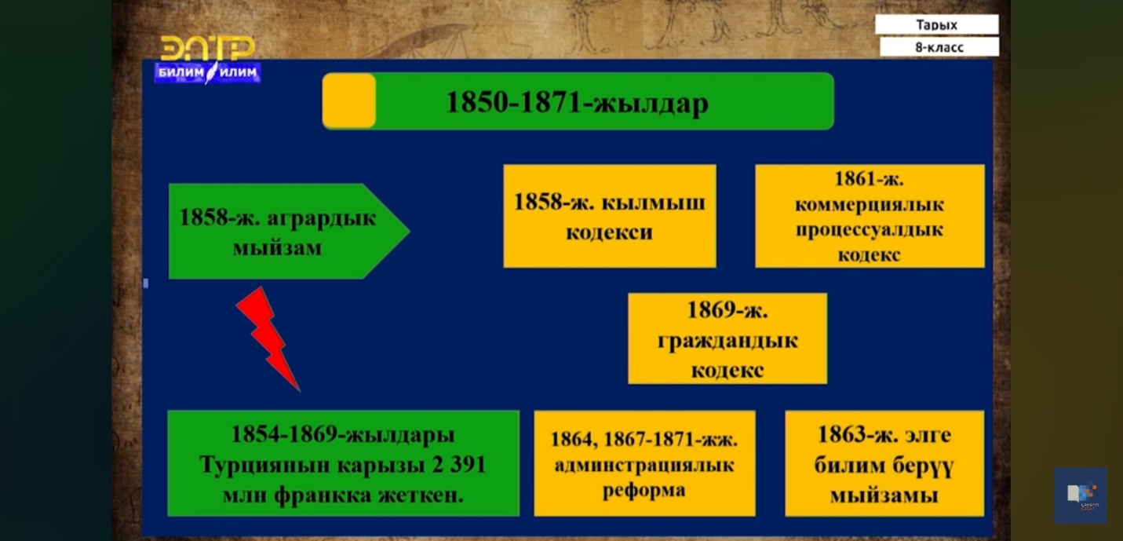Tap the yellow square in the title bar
pyautogui.click(x=349, y=101)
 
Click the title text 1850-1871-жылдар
pyautogui.click(x=577, y=103)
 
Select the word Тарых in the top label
pyautogui.click(x=936, y=24)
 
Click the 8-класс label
pyautogui.click(x=939, y=48)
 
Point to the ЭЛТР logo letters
pyautogui.click(x=207, y=48)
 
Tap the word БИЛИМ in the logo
pyautogui.click(x=181, y=73)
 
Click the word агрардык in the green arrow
pyautogui.click(x=321, y=218)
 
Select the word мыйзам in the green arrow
pyautogui.click(x=277, y=248)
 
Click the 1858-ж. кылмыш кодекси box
pyautogui.click(x=610, y=216)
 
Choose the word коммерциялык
pyautogui.click(x=870, y=205)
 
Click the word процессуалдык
pyautogui.click(x=870, y=230)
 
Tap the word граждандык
pyautogui.click(x=727, y=342)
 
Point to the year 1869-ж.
pyautogui.click(x=727, y=310)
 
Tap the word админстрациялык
pyautogui.click(x=644, y=466)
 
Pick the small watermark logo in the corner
pyautogui.click(x=1081, y=496)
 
